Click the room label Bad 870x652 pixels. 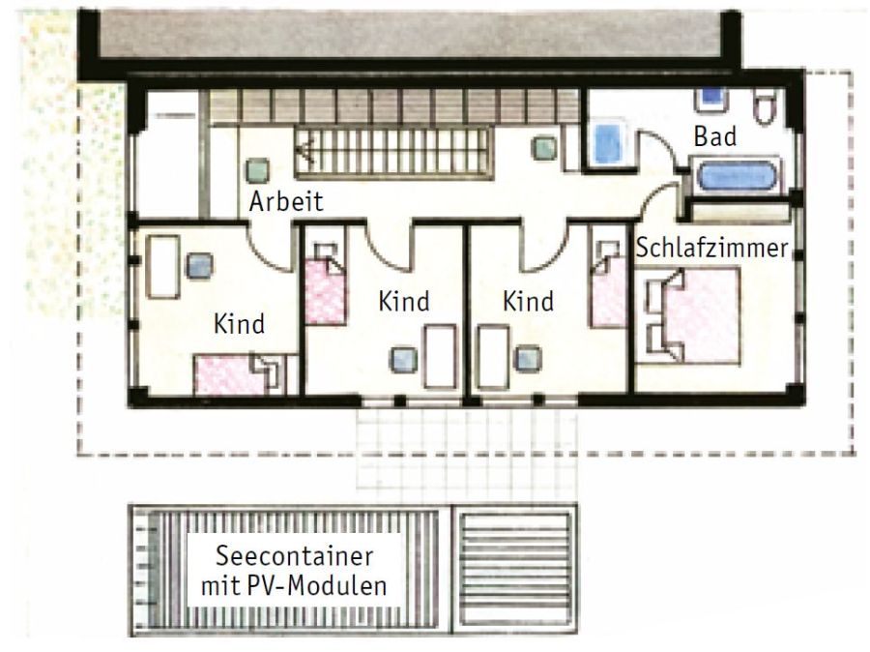714,136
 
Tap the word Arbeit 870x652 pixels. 286,200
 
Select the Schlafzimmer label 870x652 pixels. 711,248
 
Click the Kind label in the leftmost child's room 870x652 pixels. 239,324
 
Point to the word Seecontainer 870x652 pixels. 294,556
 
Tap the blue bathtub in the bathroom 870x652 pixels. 737,176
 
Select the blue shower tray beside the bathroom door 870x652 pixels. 607,141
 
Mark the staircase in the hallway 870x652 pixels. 393,152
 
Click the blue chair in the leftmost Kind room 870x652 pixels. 199,266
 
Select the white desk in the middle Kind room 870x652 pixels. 441,357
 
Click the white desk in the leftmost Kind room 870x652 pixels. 162,267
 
